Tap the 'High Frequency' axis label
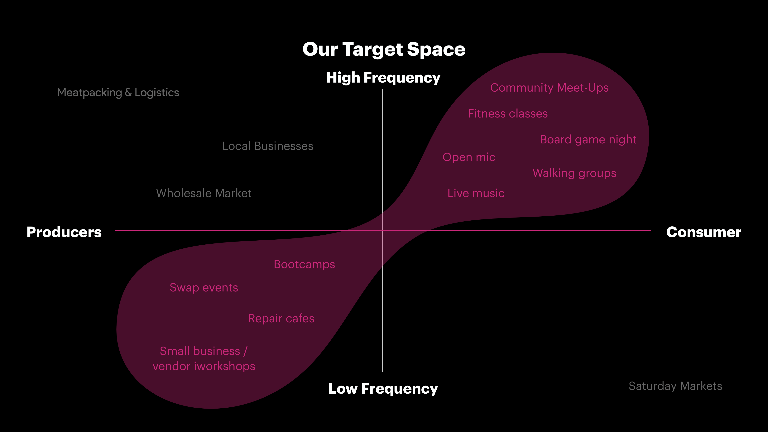click(383, 78)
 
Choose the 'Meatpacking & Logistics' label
click(118, 92)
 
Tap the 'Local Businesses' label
click(268, 146)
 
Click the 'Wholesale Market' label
click(204, 193)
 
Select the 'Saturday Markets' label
click(675, 386)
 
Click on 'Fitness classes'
click(508, 114)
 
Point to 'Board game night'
click(588, 140)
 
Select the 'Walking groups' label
click(574, 173)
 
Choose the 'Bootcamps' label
click(304, 264)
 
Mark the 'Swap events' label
click(204, 288)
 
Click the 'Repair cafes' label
click(281, 318)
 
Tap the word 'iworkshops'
click(224, 366)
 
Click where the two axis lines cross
click(383, 230)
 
